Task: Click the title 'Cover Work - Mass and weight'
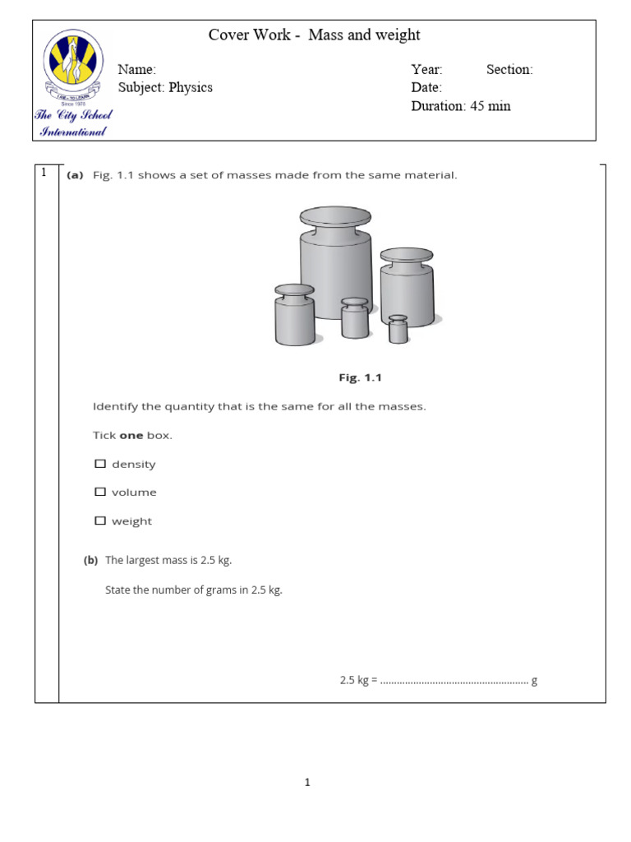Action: (314, 35)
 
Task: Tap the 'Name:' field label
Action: (136, 70)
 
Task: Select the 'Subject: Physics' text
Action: (165, 88)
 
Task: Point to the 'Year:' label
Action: (426, 70)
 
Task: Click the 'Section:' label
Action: (509, 70)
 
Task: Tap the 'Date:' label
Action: (426, 88)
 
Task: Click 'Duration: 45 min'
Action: (460, 106)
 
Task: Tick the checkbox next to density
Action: (100, 464)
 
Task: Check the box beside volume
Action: (100, 492)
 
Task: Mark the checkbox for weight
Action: (100, 520)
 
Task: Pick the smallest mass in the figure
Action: (398, 329)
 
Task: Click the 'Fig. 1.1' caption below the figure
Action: (361, 378)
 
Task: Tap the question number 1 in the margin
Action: (44, 173)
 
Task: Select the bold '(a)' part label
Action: (76, 175)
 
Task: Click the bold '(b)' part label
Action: (90, 560)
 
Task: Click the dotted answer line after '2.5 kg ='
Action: (454, 682)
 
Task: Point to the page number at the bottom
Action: (307, 783)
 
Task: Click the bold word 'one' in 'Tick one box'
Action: (131, 435)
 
